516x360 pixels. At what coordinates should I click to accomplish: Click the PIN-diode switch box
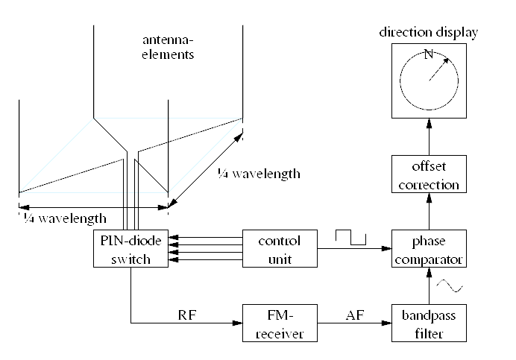pyautogui.click(x=131, y=250)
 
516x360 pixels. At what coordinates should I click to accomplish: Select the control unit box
pyautogui.click(x=279, y=250)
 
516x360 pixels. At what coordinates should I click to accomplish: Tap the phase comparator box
pyautogui.click(x=429, y=250)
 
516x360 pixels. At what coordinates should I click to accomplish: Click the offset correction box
pyautogui.click(x=429, y=174)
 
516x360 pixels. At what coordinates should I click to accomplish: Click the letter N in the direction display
pyautogui.click(x=427, y=54)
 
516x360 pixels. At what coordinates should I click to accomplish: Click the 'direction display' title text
pyautogui.click(x=428, y=32)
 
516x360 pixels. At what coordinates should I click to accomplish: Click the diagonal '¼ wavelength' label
pyautogui.click(x=258, y=174)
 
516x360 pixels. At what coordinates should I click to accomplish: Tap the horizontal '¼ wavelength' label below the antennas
pyautogui.click(x=63, y=218)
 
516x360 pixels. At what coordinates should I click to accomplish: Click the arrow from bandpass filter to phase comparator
pyautogui.click(x=429, y=287)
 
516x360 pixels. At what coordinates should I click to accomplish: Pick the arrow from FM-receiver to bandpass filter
pyautogui.click(x=353, y=323)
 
